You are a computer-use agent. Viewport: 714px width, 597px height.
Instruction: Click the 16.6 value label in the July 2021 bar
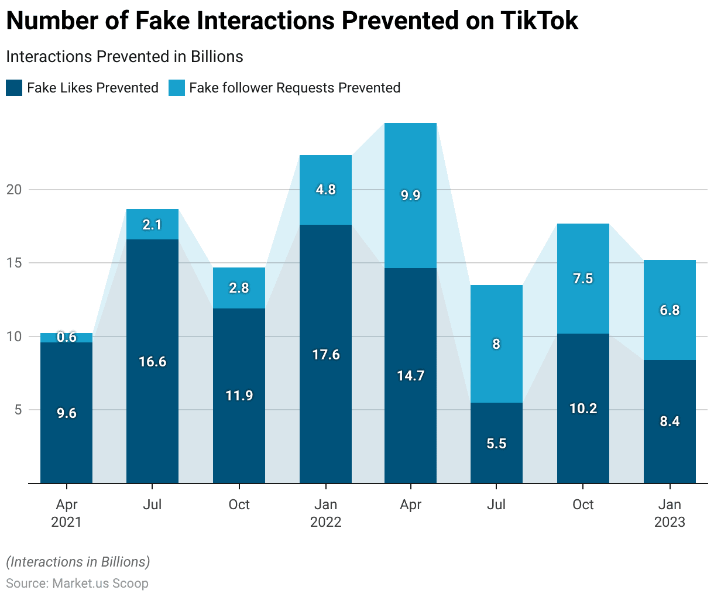152,362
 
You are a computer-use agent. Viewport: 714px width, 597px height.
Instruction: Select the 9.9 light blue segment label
410,195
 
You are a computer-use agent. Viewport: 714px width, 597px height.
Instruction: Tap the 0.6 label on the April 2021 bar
67,337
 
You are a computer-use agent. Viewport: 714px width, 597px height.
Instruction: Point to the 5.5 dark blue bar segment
496,443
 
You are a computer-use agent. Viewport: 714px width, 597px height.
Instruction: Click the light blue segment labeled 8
496,344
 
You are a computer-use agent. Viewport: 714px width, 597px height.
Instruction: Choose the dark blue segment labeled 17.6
325,354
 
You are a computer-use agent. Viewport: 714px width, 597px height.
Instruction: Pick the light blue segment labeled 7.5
583,279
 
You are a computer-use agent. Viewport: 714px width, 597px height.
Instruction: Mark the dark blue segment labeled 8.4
670,421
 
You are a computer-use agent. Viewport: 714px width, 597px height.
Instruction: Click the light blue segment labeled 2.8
239,288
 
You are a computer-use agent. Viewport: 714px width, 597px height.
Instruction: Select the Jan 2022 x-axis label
325,513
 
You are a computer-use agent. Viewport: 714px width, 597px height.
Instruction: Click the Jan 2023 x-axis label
670,513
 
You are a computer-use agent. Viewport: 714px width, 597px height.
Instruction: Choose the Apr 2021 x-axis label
67,513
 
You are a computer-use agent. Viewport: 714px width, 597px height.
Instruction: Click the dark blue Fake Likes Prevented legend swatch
14,88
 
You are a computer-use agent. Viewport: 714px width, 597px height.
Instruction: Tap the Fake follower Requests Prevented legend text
294,88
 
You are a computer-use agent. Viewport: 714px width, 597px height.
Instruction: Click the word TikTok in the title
540,21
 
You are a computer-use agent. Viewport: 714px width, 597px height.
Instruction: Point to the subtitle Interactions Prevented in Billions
124,57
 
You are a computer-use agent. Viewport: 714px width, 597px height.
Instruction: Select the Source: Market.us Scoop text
77,583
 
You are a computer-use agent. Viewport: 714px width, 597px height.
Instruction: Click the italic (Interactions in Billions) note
78,562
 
